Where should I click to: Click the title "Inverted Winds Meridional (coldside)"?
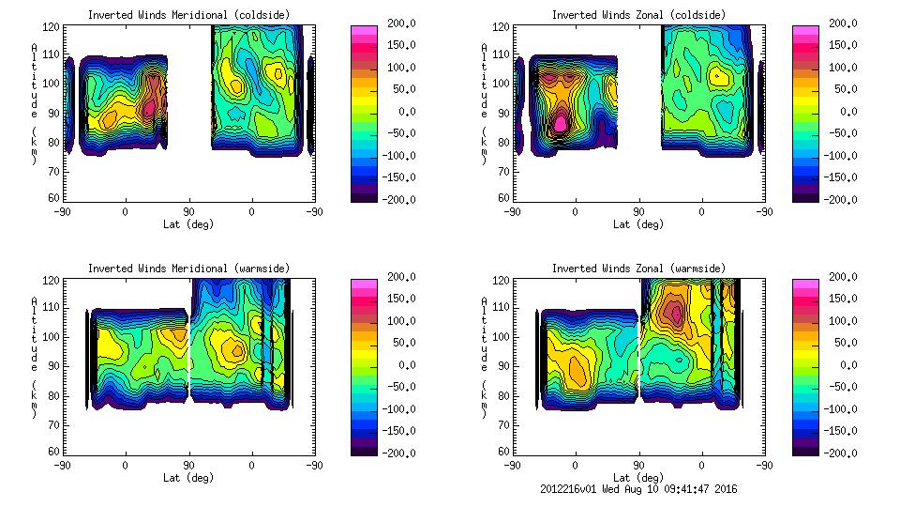coord(189,15)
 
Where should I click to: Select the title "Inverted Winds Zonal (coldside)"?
coord(638,15)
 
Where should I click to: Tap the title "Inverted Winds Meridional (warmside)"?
coord(189,269)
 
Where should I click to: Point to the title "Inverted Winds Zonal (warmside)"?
coord(638,269)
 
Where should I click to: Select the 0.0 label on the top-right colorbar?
coord(845,112)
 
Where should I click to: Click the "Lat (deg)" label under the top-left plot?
coord(189,224)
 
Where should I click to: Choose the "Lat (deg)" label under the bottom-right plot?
coord(638,478)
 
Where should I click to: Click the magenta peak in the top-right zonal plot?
coord(561,123)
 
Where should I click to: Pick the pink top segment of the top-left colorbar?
coord(364,32)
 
